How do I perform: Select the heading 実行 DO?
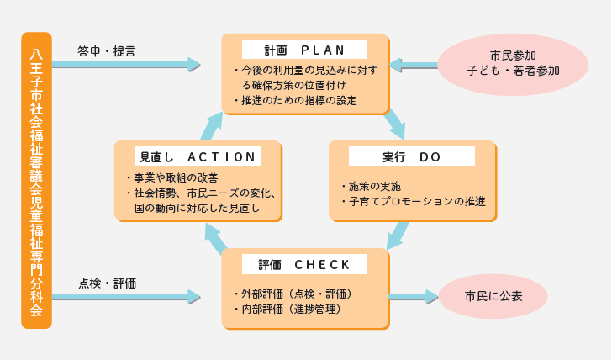click(400, 156)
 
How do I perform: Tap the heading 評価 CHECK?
click(304, 264)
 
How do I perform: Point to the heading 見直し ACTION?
click(197, 156)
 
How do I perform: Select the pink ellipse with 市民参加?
click(513, 64)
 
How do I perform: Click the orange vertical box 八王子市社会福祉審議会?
click(36, 180)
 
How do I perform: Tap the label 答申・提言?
click(106, 50)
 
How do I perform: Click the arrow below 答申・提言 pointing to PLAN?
click(126, 64)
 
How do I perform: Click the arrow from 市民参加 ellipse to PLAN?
click(413, 64)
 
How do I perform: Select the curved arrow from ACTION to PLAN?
click(211, 125)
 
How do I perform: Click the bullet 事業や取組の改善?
click(175, 177)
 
